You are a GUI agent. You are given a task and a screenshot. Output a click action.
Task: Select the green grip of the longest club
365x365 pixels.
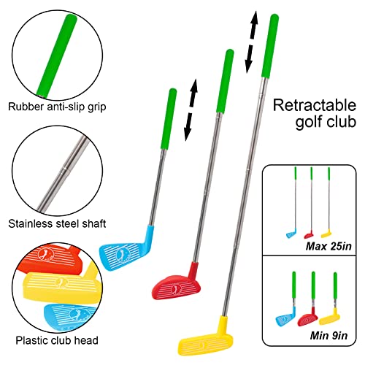tap(270, 44)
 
